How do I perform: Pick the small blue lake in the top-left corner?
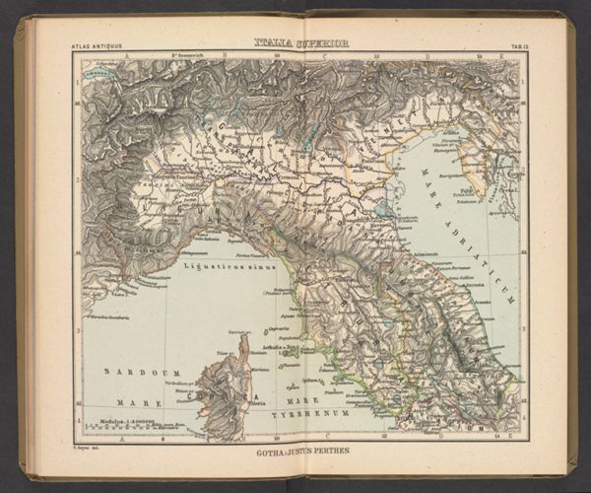coord(94,72)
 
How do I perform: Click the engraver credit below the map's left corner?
coord(91,449)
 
